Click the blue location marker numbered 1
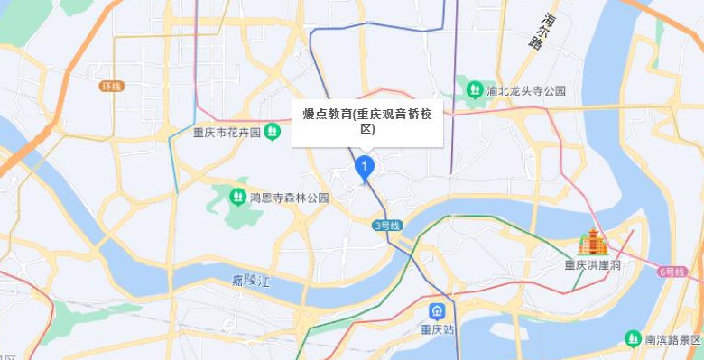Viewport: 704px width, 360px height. pos(364,167)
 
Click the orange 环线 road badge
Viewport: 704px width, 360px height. pos(112,86)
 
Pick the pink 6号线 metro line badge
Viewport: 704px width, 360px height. pos(673,271)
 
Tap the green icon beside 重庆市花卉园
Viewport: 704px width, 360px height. pos(272,133)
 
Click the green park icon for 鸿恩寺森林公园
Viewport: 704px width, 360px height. pos(237,196)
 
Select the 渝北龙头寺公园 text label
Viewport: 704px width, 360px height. pos(525,90)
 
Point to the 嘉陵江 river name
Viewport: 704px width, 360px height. pos(250,281)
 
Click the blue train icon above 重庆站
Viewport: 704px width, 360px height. pos(437,312)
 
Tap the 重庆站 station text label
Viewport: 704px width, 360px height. pos(437,329)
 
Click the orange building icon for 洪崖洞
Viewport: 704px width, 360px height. pos(593,242)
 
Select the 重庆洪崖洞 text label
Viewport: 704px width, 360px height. pos(593,265)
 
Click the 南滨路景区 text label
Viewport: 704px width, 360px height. pos(672,339)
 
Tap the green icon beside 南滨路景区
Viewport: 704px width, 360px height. pos(633,338)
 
